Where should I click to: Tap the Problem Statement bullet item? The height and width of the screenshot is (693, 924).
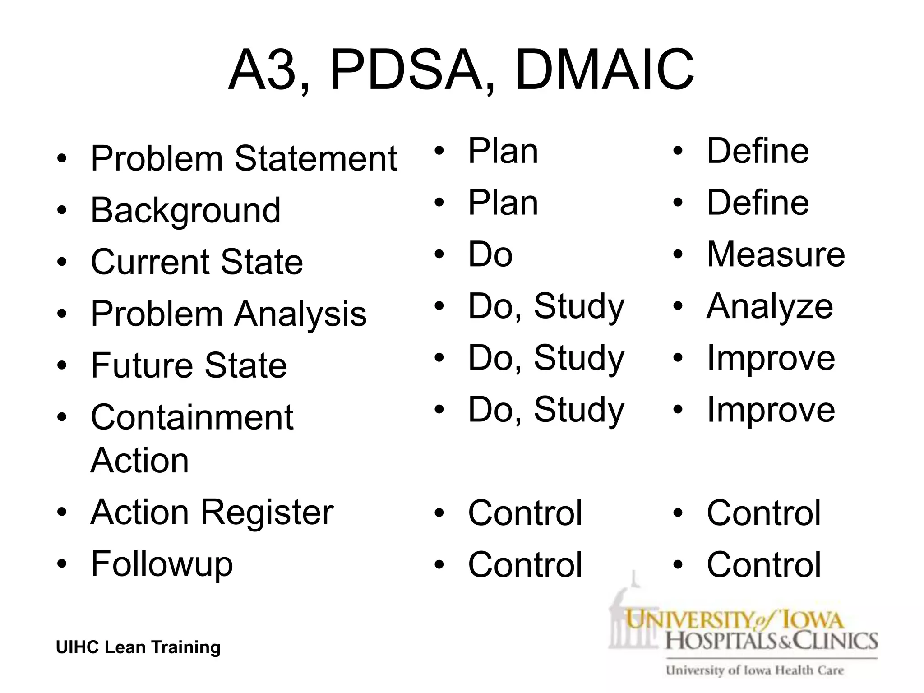click(244, 159)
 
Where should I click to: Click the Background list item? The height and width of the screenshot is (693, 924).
click(185, 211)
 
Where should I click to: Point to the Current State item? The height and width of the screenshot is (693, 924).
click(197, 262)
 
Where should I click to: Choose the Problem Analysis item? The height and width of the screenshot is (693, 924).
click(229, 314)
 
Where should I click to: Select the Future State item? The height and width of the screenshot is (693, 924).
click(189, 365)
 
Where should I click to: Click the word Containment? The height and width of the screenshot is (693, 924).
click(192, 417)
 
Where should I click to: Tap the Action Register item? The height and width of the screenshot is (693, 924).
click(212, 513)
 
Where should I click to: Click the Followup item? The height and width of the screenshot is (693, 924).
click(162, 564)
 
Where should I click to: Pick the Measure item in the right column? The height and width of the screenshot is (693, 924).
click(776, 254)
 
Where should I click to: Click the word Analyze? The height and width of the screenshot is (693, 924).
click(770, 306)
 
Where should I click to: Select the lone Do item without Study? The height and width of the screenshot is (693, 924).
click(490, 254)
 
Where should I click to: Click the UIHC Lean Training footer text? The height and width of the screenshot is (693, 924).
click(138, 647)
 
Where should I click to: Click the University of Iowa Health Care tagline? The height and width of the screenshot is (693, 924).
click(754, 670)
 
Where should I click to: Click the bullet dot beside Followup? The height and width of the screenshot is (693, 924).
click(62, 564)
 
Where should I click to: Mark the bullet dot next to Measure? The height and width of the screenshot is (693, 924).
click(678, 254)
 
